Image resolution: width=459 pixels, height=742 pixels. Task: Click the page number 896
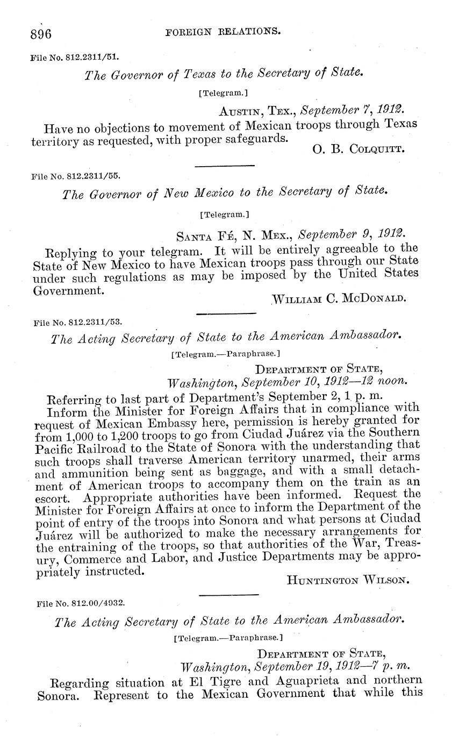(41, 34)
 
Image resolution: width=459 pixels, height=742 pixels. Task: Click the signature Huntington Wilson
(349, 580)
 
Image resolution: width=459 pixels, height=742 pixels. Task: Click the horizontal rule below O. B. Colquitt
(225, 166)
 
